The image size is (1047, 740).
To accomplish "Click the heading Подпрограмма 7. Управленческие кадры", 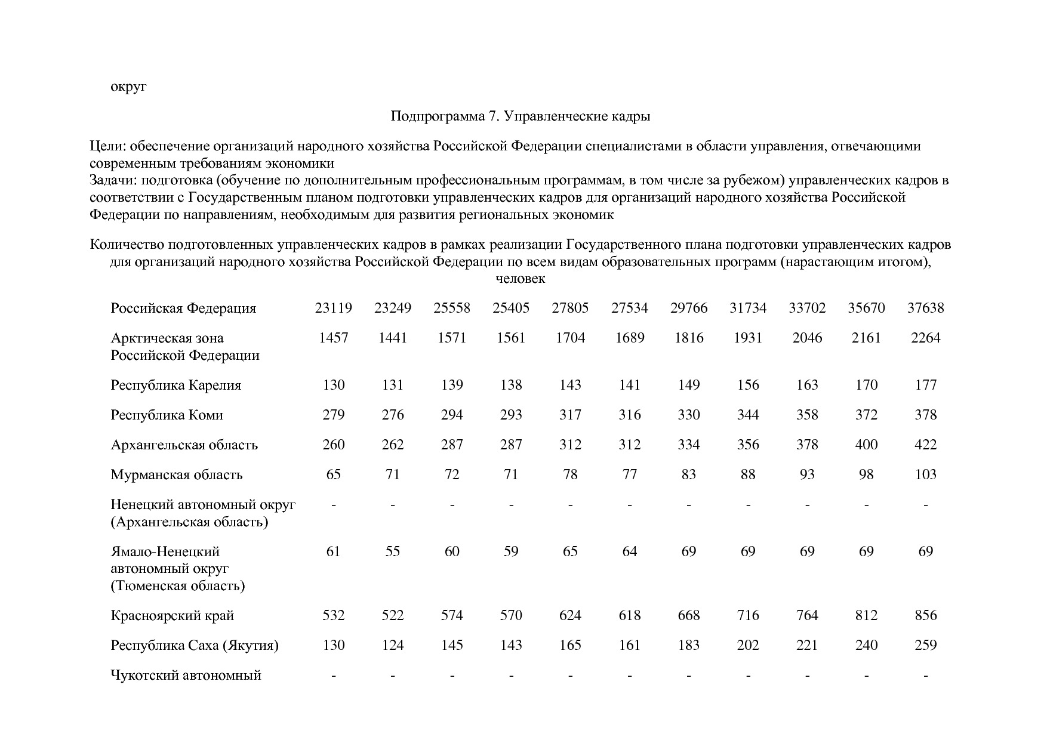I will [520, 116].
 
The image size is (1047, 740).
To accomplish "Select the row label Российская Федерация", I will [183, 309].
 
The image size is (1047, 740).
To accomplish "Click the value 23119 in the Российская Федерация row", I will [333, 309].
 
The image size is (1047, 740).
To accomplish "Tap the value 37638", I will [925, 309].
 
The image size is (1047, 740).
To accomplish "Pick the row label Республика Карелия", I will [175, 386].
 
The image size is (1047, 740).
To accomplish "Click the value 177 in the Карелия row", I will [925, 386].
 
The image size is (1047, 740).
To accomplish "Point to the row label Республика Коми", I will [167, 415].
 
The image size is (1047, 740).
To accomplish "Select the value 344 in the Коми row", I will [747, 415].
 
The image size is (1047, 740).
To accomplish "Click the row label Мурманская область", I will [176, 475].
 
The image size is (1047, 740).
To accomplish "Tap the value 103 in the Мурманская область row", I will [925, 475].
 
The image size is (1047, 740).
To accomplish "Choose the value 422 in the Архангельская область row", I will [925, 445].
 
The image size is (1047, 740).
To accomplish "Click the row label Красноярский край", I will [172, 616].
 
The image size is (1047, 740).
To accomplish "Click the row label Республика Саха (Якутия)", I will [195, 646].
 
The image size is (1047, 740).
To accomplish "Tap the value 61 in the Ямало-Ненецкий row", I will [333, 551].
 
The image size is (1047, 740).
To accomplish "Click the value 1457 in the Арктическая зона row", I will [333, 338].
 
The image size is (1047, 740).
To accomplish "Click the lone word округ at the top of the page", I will [128, 87].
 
